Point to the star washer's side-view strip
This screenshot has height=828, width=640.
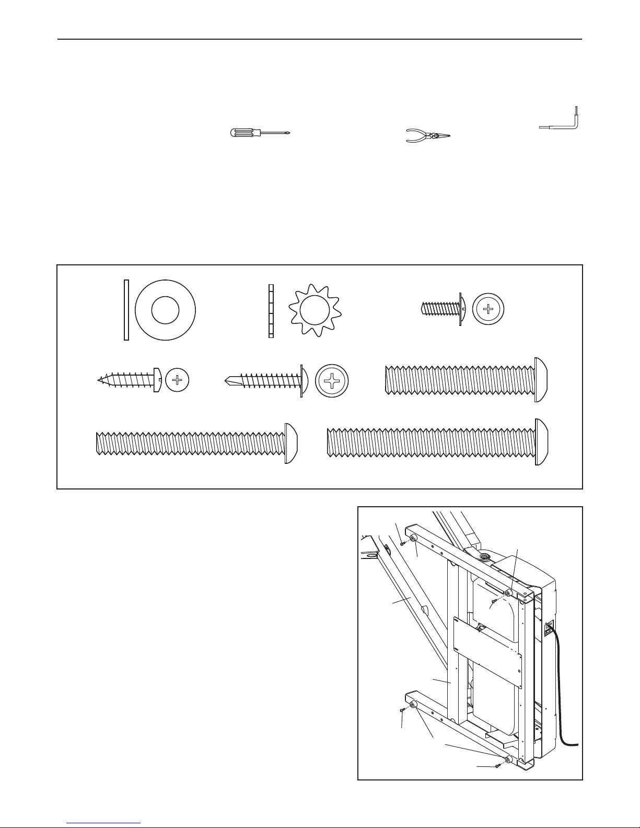[271, 310]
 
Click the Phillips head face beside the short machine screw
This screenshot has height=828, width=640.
[489, 309]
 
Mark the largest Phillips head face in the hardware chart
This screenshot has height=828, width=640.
[332, 381]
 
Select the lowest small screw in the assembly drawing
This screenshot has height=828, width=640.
[497, 766]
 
